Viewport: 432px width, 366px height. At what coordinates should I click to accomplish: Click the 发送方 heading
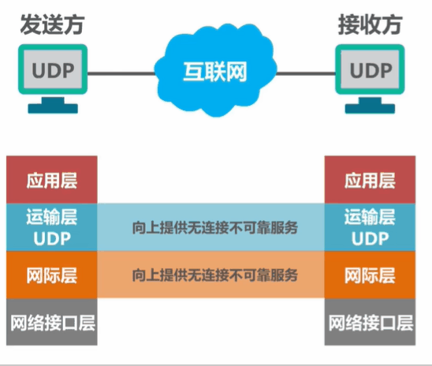coord(52,24)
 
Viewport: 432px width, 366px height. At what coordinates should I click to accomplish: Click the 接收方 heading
coord(370,24)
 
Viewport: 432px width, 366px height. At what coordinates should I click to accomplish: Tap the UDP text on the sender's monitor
coord(53,70)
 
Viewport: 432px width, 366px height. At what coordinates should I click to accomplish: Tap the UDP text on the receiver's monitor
coord(371,70)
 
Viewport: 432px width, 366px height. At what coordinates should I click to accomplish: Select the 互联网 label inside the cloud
coord(215,72)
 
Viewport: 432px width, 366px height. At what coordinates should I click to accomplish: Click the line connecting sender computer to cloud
coord(121,73)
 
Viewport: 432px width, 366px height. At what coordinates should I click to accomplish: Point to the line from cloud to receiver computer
coord(306,73)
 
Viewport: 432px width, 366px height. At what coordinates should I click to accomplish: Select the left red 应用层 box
coord(52,180)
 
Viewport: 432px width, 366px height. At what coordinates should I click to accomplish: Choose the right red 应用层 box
coord(370,180)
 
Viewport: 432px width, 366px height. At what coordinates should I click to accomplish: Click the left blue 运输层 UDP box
coord(52,227)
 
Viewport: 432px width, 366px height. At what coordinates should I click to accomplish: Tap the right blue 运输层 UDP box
coord(370,227)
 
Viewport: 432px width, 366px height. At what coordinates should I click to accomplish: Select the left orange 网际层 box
coord(52,274)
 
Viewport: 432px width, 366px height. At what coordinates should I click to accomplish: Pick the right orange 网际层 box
coord(370,274)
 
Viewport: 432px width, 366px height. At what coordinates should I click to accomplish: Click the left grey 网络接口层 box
coord(52,322)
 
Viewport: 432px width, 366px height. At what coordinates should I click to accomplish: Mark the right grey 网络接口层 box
coord(370,322)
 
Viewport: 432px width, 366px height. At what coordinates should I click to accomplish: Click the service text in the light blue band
coord(215,228)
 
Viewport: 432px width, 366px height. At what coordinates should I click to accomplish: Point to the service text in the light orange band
coord(215,274)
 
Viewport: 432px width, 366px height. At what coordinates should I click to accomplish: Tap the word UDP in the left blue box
coord(52,239)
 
